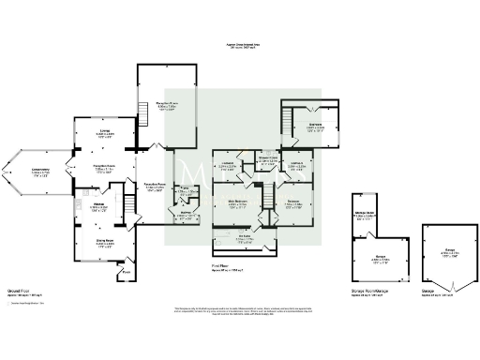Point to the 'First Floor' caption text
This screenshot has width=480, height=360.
[222, 268]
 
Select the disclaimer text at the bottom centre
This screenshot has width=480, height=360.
[240, 310]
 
